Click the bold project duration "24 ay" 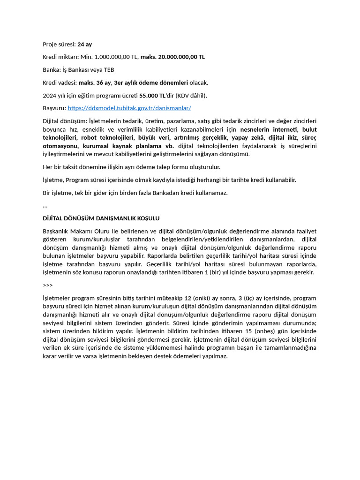[x=84, y=44]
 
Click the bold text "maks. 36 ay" [x=95, y=82]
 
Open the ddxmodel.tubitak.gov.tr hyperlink [x=129, y=108]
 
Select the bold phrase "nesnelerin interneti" [x=269, y=129]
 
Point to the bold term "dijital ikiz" [x=283, y=137]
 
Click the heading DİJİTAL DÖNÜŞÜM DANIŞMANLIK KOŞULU [x=101, y=218]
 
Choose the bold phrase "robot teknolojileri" [x=108, y=137]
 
